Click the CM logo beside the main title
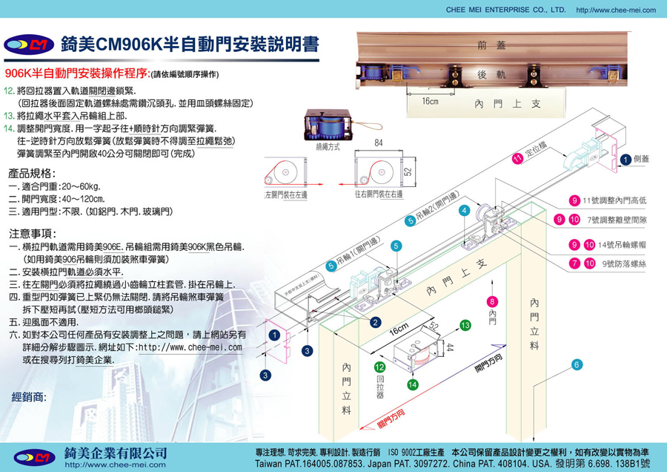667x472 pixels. (x=30, y=45)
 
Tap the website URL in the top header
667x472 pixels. (x=615, y=10)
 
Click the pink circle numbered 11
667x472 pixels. (x=518, y=158)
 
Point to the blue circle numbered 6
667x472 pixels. (x=577, y=364)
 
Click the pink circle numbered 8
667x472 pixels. (x=492, y=301)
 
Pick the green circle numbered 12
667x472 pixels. (x=379, y=367)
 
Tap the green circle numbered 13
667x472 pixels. (x=465, y=325)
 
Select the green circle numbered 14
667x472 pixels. (x=414, y=384)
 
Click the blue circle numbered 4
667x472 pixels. (x=464, y=211)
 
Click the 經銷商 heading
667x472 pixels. (x=30, y=397)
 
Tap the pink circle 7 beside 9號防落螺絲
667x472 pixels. (x=575, y=263)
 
